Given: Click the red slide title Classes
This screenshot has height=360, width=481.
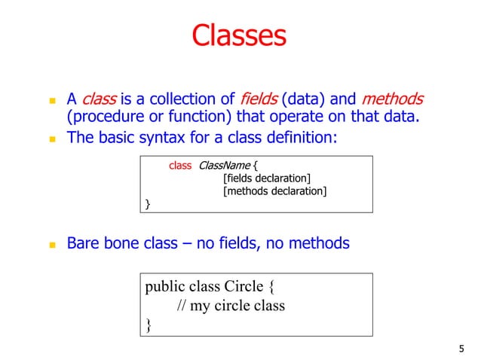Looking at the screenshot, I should tap(239, 35).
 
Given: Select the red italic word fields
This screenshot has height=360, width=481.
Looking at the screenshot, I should tap(259, 99).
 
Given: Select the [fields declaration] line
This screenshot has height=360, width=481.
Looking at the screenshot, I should tap(267, 178).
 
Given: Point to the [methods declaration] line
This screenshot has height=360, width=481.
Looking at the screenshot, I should tap(274, 191).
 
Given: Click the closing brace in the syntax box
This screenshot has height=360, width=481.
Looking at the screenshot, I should tap(148, 204).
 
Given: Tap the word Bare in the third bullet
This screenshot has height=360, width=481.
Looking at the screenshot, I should tap(84, 243).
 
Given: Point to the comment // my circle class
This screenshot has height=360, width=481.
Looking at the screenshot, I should tap(231, 306).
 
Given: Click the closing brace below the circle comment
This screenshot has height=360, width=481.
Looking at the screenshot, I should tap(149, 325).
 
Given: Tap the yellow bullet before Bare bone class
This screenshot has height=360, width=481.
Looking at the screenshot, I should tap(52, 245).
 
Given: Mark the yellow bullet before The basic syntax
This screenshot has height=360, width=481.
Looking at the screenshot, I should tap(52, 139).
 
